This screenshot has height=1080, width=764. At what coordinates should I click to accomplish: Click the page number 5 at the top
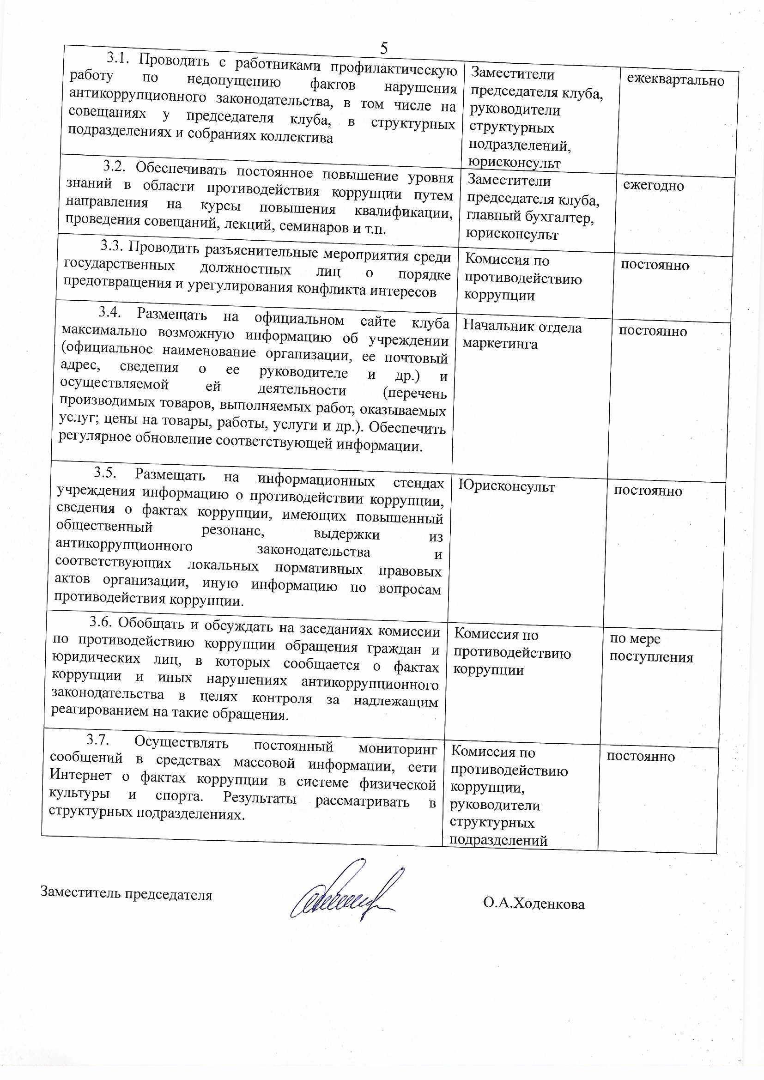click(x=384, y=48)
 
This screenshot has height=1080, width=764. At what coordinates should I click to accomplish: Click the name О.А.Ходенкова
click(x=534, y=904)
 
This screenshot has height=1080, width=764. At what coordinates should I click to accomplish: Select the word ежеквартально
click(x=675, y=80)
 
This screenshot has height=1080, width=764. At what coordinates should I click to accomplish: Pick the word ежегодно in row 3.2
click(x=654, y=186)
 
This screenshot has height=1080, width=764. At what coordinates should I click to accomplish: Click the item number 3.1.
click(x=118, y=58)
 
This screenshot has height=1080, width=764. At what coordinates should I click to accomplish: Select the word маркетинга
click(x=500, y=344)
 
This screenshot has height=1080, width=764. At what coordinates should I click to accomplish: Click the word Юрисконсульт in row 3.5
click(x=506, y=486)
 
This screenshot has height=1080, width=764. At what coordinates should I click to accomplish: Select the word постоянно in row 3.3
click(x=655, y=265)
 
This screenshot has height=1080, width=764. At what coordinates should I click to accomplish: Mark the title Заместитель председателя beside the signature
click(x=127, y=893)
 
